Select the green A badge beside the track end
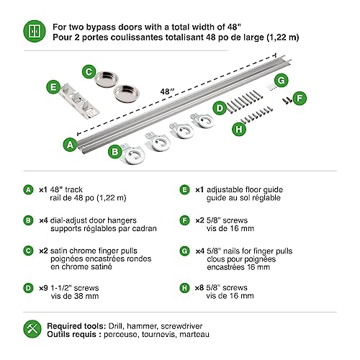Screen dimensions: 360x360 coord(68,145)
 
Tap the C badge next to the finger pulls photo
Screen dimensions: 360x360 coord(88,71)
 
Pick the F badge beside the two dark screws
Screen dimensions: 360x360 coord(300,95)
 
